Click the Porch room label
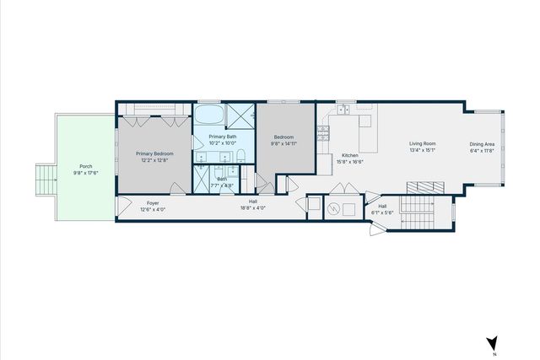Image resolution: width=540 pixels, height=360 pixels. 85,166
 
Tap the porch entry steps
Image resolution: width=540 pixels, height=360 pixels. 43,180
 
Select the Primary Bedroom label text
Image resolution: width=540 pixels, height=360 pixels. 156,153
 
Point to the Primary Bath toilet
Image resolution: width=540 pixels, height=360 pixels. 240,154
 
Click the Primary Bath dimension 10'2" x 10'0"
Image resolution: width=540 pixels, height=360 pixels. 224,143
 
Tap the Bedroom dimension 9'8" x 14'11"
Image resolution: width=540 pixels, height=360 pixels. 284,143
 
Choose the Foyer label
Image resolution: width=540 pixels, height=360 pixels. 153,202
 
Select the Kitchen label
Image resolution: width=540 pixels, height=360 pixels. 351,155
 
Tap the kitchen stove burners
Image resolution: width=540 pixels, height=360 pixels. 322,134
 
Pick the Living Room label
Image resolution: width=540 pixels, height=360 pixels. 422,144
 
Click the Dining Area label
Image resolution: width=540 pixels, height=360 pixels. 483,144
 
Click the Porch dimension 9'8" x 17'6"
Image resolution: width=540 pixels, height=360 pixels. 85,173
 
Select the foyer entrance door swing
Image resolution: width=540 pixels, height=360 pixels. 123,204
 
